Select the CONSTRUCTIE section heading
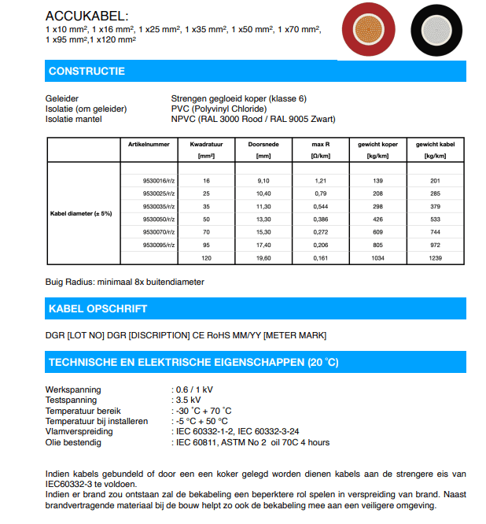(x=87, y=72)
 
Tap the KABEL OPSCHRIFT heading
(x=98, y=308)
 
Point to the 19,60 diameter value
(x=263, y=258)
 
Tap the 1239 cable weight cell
(x=435, y=258)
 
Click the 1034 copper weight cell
(x=377, y=258)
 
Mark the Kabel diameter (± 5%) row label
(x=82, y=212)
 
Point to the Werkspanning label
(x=73, y=389)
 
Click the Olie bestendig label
(x=73, y=442)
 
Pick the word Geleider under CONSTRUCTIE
(x=63, y=98)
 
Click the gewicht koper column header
(x=377, y=145)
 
